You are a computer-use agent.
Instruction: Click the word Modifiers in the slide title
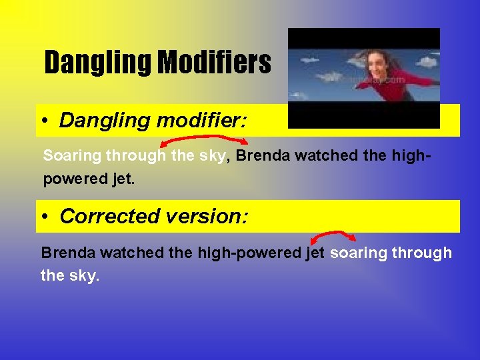215,63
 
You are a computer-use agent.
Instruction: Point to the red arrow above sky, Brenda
204,139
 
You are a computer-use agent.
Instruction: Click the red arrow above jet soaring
333,236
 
